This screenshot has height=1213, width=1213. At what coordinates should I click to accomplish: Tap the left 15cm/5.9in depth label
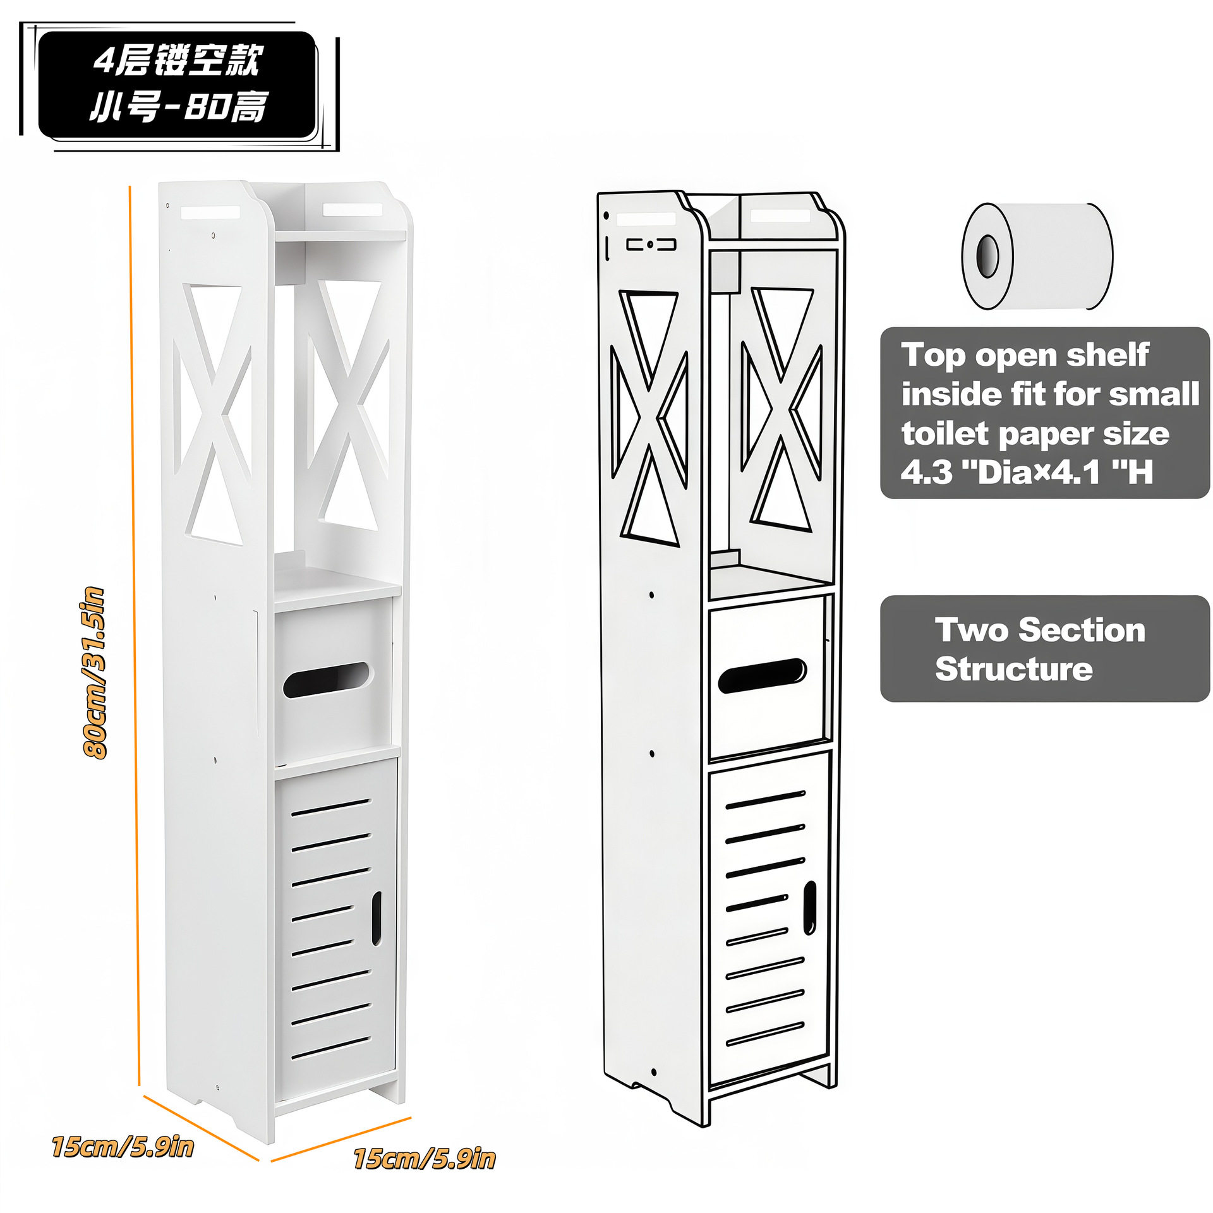tap(123, 1147)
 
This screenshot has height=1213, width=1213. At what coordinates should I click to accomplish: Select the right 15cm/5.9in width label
tap(424, 1159)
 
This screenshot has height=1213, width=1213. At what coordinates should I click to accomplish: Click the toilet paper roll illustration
tap(1037, 256)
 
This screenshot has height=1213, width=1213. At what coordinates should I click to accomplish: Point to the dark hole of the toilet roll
tap(987, 256)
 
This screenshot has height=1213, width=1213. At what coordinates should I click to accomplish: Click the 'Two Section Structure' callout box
tap(1044, 649)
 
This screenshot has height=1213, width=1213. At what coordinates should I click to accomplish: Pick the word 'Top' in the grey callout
tap(934, 355)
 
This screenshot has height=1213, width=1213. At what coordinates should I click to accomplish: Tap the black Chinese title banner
tap(178, 85)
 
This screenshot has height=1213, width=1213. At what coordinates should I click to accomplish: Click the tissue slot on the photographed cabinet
tap(327, 680)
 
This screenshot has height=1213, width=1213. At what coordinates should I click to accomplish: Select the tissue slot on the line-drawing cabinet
tap(762, 675)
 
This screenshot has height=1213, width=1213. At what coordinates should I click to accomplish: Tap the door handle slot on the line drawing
tap(809, 908)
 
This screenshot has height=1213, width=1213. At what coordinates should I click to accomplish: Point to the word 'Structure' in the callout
tap(1013, 669)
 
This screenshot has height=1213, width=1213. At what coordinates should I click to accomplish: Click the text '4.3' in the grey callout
tap(926, 472)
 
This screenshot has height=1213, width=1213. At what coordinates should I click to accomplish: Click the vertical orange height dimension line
tap(134, 632)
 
